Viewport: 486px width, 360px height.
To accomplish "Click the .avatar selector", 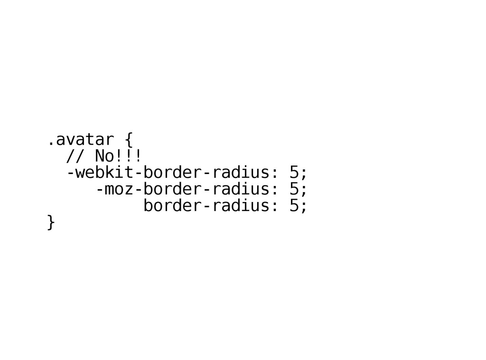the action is [80, 140].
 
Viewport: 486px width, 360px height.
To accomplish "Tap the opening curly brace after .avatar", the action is [129, 140].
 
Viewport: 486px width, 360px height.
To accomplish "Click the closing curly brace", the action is [51, 222].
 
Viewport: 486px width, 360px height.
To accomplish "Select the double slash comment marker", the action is [75, 156].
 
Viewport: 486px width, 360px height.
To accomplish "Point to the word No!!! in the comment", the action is [118, 156].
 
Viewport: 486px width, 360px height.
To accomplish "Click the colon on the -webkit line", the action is [274, 173].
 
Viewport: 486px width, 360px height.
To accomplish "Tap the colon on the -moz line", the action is [274, 190].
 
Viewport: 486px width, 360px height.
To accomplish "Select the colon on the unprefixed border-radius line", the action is [274, 206].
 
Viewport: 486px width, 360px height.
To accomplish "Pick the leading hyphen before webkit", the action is [70, 173].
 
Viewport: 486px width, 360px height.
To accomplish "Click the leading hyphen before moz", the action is [99, 189].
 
